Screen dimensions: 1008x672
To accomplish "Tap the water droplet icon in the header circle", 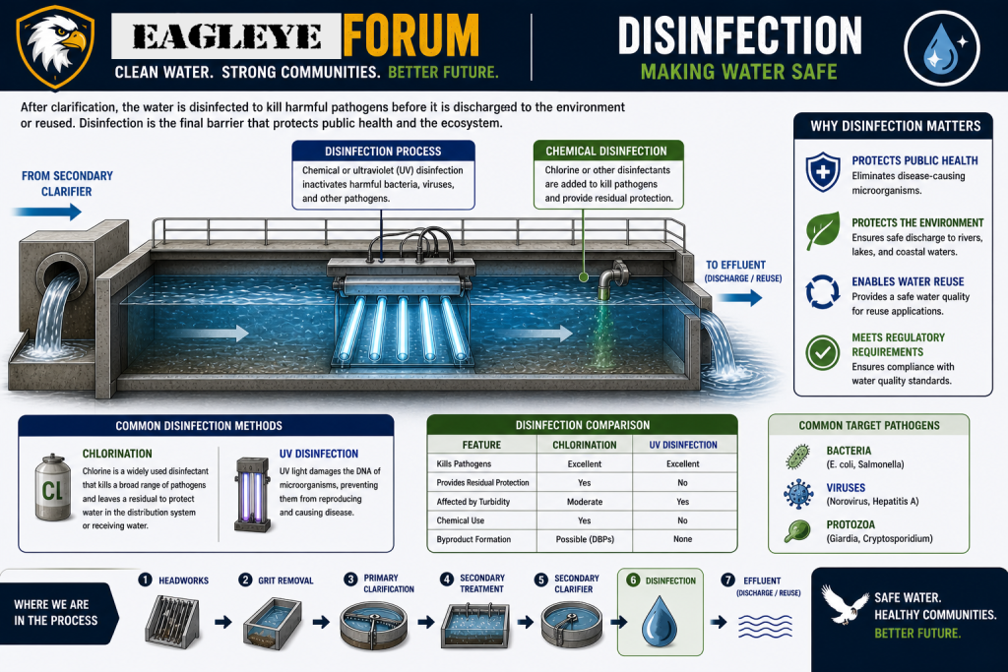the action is pyautogui.click(x=941, y=47).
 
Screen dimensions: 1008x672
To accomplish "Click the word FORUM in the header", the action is pyautogui.click(x=410, y=36).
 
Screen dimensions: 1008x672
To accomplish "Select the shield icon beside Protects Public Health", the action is pyautogui.click(x=823, y=171).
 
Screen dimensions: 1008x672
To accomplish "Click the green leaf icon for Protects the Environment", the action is pyautogui.click(x=823, y=230).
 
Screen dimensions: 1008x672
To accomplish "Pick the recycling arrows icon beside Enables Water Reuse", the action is pyautogui.click(x=823, y=291).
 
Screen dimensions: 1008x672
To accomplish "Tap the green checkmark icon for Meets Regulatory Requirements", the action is pyautogui.click(x=823, y=352).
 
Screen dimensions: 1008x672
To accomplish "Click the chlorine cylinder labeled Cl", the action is pyautogui.click(x=52, y=488).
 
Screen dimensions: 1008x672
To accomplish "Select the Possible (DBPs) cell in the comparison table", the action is pyautogui.click(x=585, y=539).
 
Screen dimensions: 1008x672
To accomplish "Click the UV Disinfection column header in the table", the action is pyautogui.click(x=683, y=445).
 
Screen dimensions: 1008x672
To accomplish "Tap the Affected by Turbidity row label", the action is pyautogui.click(x=473, y=502).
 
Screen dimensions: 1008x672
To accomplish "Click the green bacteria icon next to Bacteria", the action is pyautogui.click(x=797, y=457).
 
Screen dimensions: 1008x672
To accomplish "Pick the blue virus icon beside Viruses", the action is pyautogui.click(x=798, y=493).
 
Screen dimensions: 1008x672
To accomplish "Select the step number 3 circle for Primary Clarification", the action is pyautogui.click(x=350, y=580).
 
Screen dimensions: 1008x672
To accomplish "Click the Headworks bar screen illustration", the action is pyautogui.click(x=171, y=621).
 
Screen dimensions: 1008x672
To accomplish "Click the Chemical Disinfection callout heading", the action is pyautogui.click(x=606, y=151).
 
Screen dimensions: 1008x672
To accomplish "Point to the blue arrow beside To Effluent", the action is pyautogui.click(x=739, y=297).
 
